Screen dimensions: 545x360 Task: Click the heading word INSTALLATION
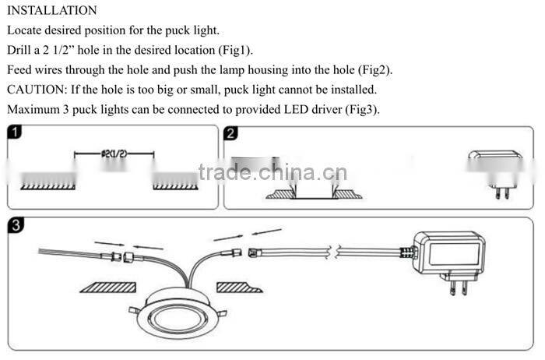click(x=52, y=11)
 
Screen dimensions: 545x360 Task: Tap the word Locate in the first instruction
click(x=26, y=30)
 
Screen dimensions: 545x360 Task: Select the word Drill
click(x=20, y=50)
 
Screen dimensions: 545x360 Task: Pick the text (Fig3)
click(x=360, y=108)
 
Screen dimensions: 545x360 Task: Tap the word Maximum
click(x=34, y=108)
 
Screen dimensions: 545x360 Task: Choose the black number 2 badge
click(x=231, y=133)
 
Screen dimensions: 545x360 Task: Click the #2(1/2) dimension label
click(x=114, y=154)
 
